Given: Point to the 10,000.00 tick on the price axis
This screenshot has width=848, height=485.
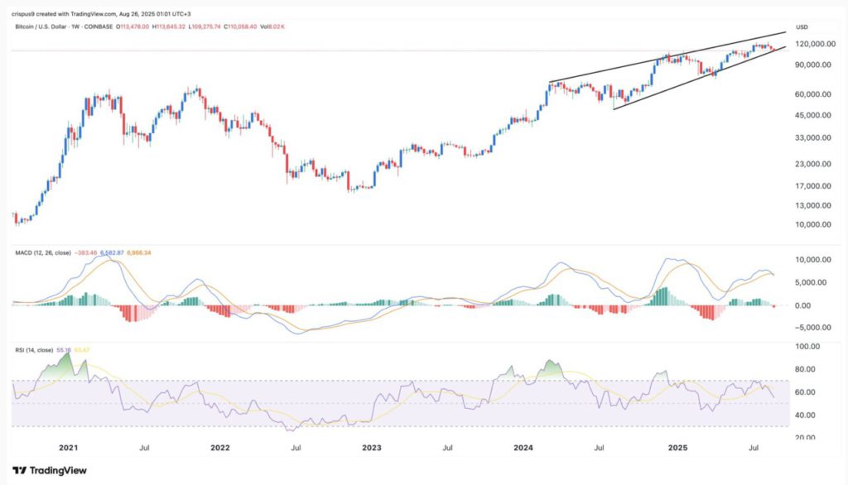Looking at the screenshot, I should [814, 224].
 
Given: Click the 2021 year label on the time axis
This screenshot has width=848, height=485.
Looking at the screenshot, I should [68, 447].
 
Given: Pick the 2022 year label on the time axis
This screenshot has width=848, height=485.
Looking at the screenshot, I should [219, 447].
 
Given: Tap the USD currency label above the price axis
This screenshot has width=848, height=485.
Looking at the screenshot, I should [801, 26].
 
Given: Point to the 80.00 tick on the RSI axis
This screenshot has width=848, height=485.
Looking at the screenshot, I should [807, 369].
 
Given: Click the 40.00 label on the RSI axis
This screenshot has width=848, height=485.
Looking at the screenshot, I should [807, 415].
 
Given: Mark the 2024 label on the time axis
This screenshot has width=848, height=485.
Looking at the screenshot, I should [524, 447].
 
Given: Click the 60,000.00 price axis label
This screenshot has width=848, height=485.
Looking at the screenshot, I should [814, 94].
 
